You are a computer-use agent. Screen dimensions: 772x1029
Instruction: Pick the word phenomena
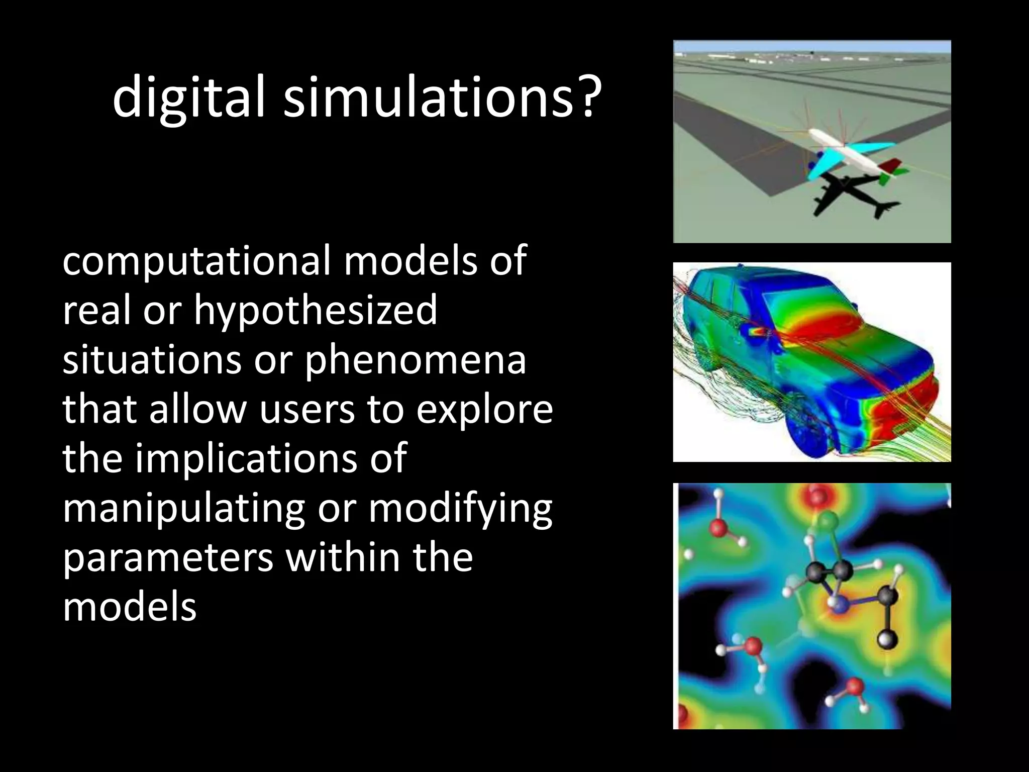(416, 360)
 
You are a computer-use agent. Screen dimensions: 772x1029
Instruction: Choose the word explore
(484, 410)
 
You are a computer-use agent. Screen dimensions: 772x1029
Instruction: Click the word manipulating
(184, 509)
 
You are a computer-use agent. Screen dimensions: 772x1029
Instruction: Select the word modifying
(460, 509)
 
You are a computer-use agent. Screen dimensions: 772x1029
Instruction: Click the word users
(306, 410)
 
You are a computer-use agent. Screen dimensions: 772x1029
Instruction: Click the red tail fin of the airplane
(889, 165)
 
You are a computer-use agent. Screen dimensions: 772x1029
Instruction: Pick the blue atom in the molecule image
(840, 605)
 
